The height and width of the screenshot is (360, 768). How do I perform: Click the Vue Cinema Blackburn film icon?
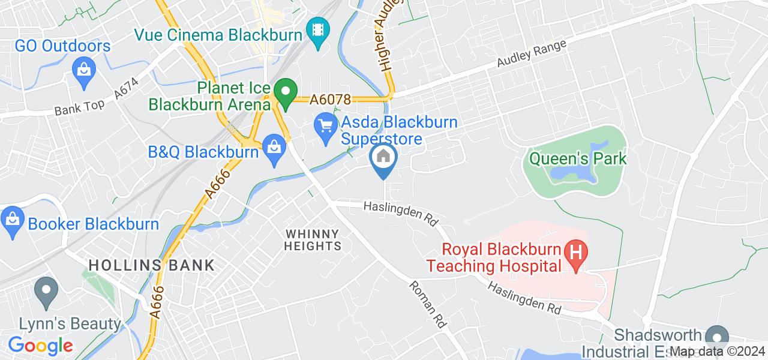pyautogui.click(x=316, y=28)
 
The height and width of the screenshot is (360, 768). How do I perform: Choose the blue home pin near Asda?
pyautogui.click(x=383, y=158)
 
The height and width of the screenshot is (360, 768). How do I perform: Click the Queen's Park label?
pyautogui.click(x=577, y=159)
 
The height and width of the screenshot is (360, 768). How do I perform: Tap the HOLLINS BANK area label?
pyautogui.click(x=152, y=265)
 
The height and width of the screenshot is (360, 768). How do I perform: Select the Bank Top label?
pyautogui.click(x=79, y=108)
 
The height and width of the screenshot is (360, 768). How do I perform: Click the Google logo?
pyautogui.click(x=40, y=346)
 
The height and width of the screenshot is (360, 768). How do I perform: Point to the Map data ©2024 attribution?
pyautogui.click(x=718, y=352)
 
